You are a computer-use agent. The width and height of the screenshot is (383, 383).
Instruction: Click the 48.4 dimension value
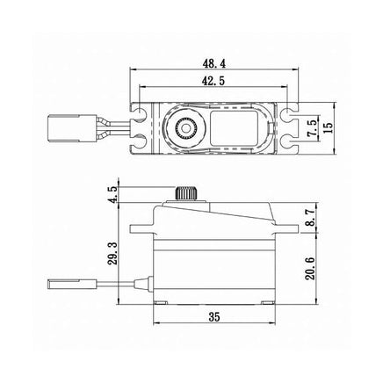click(214, 64)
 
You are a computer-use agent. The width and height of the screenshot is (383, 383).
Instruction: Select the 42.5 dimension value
click(213, 81)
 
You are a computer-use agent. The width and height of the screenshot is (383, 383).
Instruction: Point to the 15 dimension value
click(329, 127)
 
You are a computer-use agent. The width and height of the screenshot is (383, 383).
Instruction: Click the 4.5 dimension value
click(112, 193)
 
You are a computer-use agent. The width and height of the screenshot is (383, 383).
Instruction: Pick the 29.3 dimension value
click(112, 254)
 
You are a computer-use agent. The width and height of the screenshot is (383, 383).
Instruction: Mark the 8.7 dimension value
click(310, 217)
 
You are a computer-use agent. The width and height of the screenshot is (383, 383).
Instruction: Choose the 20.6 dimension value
click(310, 269)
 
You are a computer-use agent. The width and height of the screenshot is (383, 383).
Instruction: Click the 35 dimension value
click(214, 317)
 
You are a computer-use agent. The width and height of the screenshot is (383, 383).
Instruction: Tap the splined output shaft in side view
click(184, 193)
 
